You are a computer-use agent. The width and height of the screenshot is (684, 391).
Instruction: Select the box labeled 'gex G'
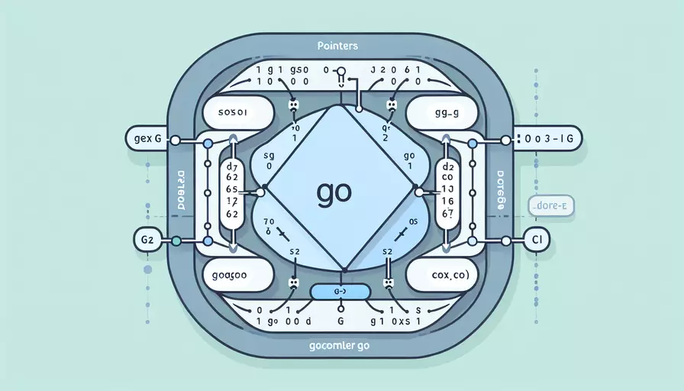point(144,140)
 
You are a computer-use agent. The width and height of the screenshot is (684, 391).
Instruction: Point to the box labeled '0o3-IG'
point(547,140)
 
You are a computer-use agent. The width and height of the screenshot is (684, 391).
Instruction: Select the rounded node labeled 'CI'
point(535,239)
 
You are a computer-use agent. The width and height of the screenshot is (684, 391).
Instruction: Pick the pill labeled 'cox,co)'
point(445,273)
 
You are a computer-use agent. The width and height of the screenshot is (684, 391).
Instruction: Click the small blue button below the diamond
point(341,290)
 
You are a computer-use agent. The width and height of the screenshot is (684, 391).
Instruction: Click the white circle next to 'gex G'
point(176,141)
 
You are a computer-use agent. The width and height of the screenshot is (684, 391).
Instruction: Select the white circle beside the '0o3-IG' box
point(505,141)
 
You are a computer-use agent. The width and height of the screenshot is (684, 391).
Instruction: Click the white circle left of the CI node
point(505,240)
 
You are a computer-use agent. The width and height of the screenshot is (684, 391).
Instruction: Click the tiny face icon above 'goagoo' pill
point(292,282)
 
